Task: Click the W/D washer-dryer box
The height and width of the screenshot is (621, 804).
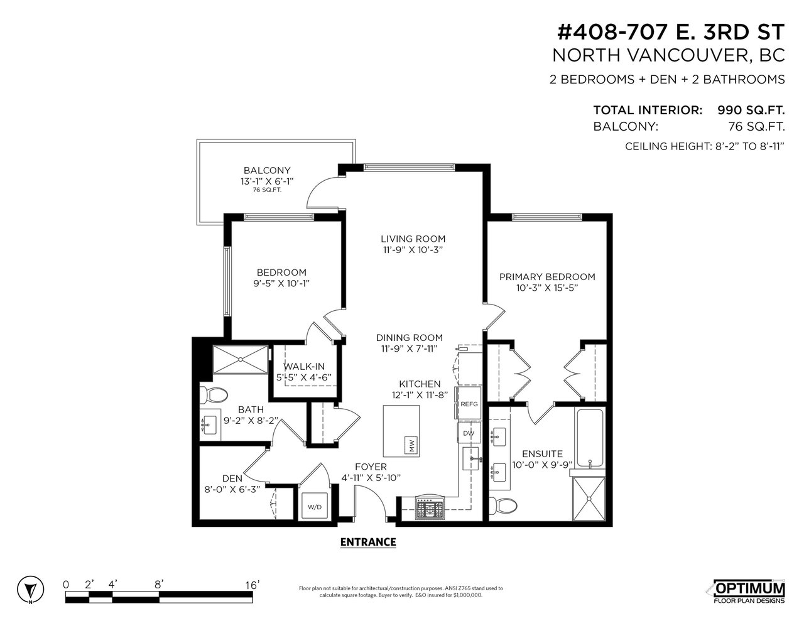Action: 314,505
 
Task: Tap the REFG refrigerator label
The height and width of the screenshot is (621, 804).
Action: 469,404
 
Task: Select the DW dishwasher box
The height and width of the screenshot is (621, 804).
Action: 469,433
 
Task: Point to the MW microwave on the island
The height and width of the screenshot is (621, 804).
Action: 412,445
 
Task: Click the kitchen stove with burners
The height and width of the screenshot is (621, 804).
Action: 430,507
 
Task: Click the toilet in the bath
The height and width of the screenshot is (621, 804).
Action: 213,396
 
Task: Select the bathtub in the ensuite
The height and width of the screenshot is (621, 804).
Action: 590,438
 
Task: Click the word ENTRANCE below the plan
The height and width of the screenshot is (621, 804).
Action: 368,542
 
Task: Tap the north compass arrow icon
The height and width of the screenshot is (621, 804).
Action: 30,588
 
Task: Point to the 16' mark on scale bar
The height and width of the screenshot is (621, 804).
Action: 253,585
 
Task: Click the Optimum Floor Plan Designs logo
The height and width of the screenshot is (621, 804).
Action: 749,590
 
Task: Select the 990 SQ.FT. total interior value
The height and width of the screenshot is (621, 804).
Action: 751,111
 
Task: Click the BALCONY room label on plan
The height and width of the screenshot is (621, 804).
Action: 267,171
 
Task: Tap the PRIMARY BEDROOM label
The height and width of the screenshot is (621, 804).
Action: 547,277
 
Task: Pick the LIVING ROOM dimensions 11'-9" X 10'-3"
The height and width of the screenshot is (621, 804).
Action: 413,250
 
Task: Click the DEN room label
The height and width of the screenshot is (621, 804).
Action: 232,478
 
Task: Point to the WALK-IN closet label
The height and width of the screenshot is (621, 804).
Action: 304,366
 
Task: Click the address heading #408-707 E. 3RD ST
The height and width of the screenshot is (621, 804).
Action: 671,33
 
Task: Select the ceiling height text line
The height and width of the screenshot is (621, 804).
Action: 705,146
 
